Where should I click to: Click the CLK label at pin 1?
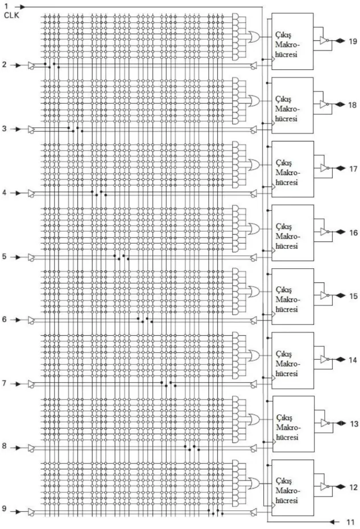11,15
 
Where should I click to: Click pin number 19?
353,41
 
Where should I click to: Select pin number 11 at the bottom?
350,523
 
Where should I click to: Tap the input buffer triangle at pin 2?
31,65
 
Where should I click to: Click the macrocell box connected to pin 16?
292,233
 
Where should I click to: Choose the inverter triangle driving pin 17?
324,168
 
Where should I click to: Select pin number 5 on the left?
4,256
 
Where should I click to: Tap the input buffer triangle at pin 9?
31,512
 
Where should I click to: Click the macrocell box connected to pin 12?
292,488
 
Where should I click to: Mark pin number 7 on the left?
4,383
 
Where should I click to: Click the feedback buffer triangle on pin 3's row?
254,129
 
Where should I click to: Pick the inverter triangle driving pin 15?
324,295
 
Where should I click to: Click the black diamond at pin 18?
340,105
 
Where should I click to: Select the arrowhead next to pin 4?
18,193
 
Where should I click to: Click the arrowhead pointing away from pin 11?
332,522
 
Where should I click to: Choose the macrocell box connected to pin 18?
292,106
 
